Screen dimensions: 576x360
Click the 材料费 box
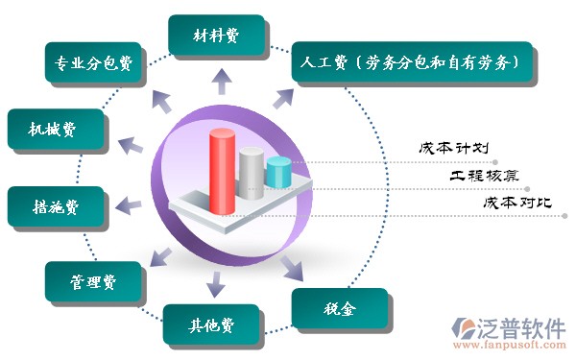click(x=216, y=36)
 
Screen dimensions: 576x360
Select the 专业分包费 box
click(x=93, y=62)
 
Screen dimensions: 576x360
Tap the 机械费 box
click(x=56, y=129)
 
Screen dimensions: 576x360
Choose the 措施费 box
click(x=56, y=206)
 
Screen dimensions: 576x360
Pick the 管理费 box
click(x=93, y=281)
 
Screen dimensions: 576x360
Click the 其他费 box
click(x=211, y=324)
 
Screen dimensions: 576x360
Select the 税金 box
click(x=340, y=308)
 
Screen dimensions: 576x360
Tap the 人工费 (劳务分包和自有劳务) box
click(x=412, y=61)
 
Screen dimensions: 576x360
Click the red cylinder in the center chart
click(x=223, y=171)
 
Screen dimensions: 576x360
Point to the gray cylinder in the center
click(x=252, y=174)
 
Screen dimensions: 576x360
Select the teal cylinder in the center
click(x=279, y=172)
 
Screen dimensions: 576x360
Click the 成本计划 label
click(x=454, y=149)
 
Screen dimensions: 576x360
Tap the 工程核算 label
click(x=485, y=176)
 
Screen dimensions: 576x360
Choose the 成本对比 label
click(x=517, y=203)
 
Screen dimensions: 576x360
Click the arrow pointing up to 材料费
click(x=222, y=82)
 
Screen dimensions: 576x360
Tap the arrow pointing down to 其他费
click(x=216, y=284)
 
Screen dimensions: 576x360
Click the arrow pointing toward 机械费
click(x=131, y=146)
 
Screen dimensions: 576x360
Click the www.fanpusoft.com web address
click(x=510, y=345)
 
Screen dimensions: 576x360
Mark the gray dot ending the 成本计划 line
click(x=495, y=162)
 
